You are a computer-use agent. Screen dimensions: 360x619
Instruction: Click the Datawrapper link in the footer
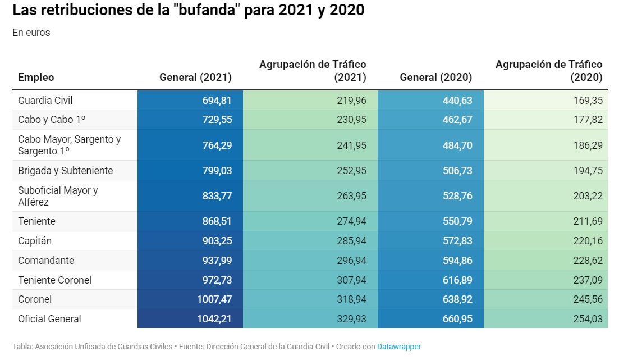398,347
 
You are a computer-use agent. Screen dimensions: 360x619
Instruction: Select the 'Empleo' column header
36,78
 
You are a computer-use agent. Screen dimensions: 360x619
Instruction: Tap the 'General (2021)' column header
195,78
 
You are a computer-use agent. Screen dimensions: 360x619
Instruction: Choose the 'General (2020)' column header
435,78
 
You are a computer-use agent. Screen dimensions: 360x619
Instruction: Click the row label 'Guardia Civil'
45,101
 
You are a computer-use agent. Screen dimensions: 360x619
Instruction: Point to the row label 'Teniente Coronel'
54,280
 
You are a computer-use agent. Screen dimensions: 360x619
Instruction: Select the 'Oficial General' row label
49,318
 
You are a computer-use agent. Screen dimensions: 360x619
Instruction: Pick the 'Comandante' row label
46,260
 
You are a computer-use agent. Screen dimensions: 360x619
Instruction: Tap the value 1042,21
214,318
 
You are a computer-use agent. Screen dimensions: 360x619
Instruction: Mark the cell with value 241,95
351,145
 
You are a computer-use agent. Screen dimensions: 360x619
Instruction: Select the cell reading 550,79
457,221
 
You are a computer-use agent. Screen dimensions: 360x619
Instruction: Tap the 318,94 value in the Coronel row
351,299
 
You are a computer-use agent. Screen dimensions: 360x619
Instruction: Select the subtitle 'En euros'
31,33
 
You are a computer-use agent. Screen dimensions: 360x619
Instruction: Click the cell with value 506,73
457,170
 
